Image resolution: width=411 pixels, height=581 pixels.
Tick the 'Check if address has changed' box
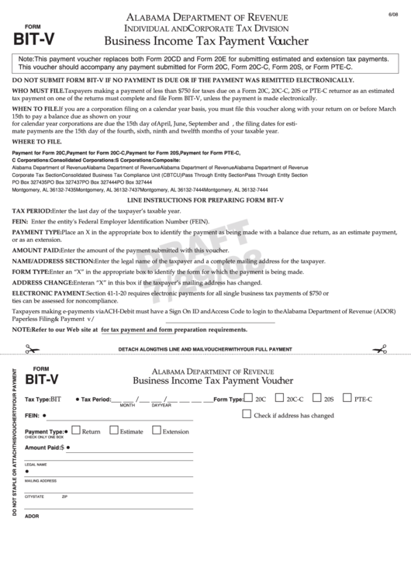pos(247,414)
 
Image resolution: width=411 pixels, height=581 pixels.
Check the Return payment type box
pos(75,431)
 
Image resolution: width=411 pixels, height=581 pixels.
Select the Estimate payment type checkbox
pos(114,431)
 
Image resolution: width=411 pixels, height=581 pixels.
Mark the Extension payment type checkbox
pos(157,431)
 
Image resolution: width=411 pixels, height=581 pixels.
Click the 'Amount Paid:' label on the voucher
pos(42,448)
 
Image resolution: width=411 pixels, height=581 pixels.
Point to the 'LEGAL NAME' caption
pos(36,465)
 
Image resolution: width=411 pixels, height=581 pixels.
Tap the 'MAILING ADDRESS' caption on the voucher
pos(40,481)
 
